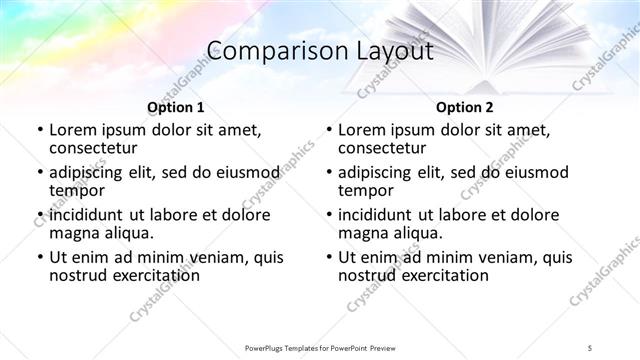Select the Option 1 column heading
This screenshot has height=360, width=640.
pyautogui.click(x=176, y=107)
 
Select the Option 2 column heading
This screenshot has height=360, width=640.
pyautogui.click(x=465, y=107)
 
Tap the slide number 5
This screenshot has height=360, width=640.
pyautogui.click(x=591, y=346)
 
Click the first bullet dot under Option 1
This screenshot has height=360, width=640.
pyautogui.click(x=38, y=130)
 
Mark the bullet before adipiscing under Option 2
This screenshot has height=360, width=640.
pyautogui.click(x=328, y=173)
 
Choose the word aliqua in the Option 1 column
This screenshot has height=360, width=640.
pyautogui.click(x=127, y=232)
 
